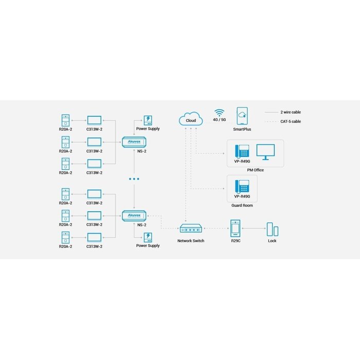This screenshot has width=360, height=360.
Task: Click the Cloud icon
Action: (190, 119)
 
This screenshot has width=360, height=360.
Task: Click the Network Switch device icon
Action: (190, 228)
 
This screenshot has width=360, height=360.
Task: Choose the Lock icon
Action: (272, 229)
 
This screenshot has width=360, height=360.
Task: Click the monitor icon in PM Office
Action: (265, 151)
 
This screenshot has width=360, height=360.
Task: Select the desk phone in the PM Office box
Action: (242, 151)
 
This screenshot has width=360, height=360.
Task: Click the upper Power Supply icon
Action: (148, 120)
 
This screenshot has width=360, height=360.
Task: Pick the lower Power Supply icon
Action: (148, 237)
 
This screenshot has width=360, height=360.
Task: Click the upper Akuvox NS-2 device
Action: (134, 141)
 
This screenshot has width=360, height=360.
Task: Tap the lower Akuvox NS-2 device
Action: (134, 217)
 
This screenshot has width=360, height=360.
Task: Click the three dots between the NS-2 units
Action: (134, 179)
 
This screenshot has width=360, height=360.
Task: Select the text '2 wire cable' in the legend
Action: (291, 112)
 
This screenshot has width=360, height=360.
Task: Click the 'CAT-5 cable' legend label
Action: (291, 121)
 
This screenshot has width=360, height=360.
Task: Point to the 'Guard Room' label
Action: (242, 205)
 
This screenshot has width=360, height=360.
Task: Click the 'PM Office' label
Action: (255, 170)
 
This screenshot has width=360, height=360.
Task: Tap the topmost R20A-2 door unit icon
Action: (65, 120)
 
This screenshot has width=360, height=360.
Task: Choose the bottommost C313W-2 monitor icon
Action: (95, 238)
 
